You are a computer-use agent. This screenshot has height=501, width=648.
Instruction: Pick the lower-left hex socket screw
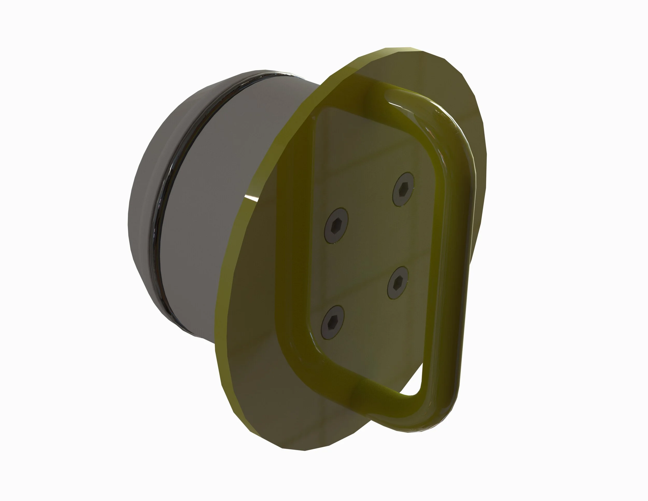[x=333, y=322]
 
